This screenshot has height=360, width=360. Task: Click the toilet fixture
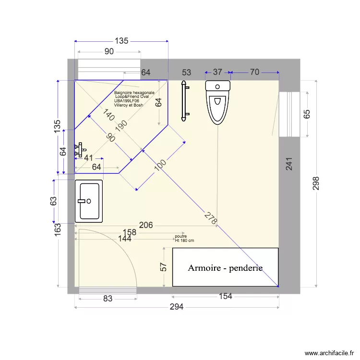pyautogui.click(x=218, y=102)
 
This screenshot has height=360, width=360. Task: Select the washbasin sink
pyautogui.click(x=89, y=201)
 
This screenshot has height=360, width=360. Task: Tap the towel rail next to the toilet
pyautogui.click(x=183, y=101)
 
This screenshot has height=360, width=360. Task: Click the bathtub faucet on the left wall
pyautogui.click(x=79, y=150)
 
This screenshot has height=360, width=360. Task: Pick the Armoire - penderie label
pyautogui.click(x=225, y=268)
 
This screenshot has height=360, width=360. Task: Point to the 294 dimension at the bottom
pyautogui.click(x=177, y=308)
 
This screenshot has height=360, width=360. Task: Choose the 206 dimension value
pyautogui.click(x=146, y=225)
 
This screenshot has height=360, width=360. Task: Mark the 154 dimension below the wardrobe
pyautogui.click(x=225, y=297)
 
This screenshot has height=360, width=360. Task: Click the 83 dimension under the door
pyautogui.click(x=108, y=299)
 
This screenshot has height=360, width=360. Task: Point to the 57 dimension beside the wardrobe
pyautogui.click(x=163, y=266)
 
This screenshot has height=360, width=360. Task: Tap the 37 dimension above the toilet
pyautogui.click(x=217, y=72)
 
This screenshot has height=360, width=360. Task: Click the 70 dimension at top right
pyautogui.click(x=254, y=72)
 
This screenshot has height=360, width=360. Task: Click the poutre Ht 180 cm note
pyautogui.click(x=185, y=238)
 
